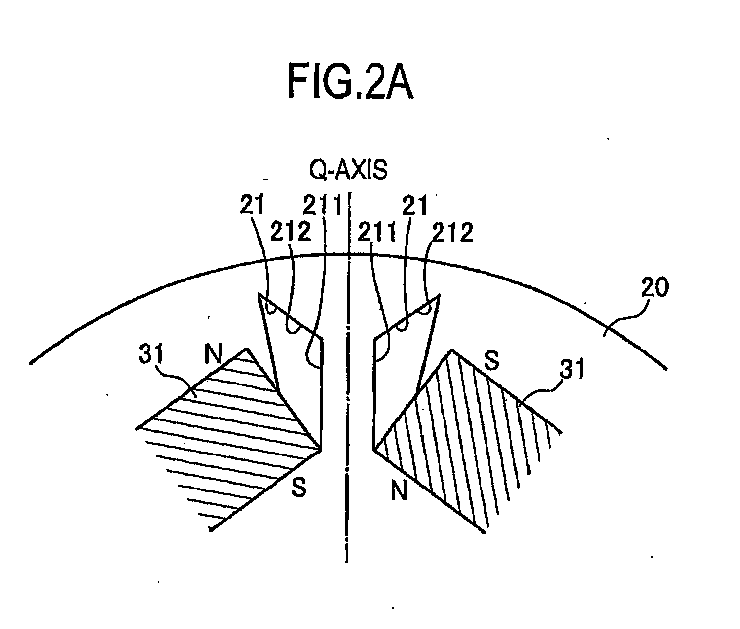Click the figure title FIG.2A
point(350,81)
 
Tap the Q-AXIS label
point(348,171)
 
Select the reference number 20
point(655,287)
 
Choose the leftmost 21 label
point(252,205)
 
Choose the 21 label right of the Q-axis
point(415,206)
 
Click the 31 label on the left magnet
point(151,354)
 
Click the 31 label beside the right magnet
point(572,369)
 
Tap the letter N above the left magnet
point(213,353)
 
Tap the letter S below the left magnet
point(298,487)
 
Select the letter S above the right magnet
point(492,360)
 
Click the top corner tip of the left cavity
point(259,294)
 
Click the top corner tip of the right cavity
point(440,295)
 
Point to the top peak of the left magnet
point(246,348)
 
